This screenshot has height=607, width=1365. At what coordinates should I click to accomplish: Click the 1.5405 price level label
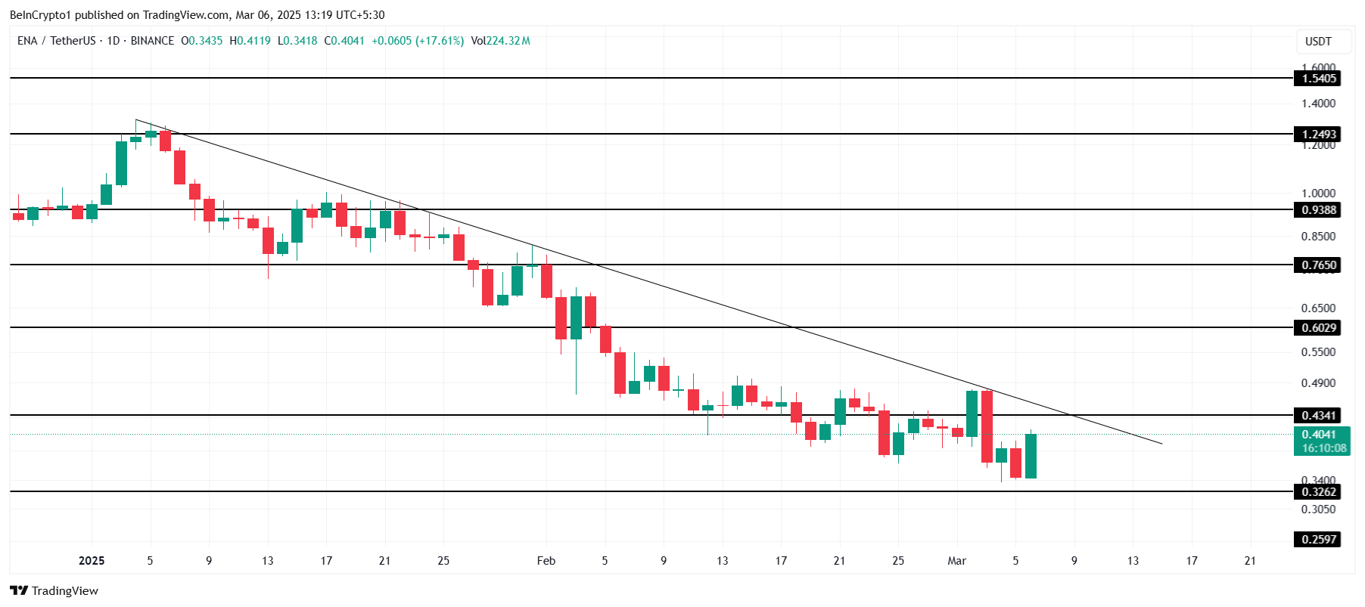point(1319,79)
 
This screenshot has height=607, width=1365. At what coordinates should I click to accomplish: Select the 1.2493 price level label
point(1319,135)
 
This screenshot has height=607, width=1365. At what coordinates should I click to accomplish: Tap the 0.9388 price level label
point(1319,210)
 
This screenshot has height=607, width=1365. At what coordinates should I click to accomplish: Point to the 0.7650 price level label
point(1319,265)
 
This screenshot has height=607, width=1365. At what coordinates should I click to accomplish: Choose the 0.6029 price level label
point(1319,328)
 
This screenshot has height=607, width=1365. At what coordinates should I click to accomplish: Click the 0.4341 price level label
point(1319,416)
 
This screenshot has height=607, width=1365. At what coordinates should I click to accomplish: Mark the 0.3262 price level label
point(1319,492)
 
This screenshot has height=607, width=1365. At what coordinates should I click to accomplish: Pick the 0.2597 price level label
point(1319,540)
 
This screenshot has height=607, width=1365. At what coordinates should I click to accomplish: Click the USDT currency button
point(1318,42)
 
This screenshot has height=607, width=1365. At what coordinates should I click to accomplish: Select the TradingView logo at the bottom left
point(54,591)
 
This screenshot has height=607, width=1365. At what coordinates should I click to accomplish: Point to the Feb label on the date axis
point(546,561)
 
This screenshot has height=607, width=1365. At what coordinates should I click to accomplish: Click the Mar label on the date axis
point(956,561)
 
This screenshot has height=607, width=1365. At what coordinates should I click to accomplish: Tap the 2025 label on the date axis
point(92,561)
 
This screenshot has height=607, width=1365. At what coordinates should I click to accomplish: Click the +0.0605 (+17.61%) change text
point(418,41)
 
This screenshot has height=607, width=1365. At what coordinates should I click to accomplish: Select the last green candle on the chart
point(1031,456)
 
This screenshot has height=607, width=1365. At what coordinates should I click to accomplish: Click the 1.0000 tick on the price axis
point(1318,194)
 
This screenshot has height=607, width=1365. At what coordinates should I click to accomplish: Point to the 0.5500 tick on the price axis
point(1318,352)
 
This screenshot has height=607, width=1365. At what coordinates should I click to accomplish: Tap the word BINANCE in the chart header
point(152,41)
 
